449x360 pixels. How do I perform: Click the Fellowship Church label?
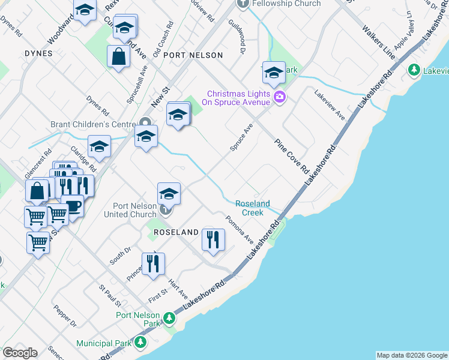tap(286, 4)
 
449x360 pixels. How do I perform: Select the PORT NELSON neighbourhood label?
tap(196, 55)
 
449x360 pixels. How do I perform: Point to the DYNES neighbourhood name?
tap(38, 53)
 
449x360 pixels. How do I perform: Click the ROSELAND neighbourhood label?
tap(176, 232)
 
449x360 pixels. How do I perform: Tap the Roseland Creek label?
tap(252, 208)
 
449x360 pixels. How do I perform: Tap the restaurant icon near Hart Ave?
tap(153, 263)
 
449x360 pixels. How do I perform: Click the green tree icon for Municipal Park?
tap(140, 342)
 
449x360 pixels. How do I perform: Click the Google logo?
tap(20, 353)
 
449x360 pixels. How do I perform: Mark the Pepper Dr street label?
tap(65, 319)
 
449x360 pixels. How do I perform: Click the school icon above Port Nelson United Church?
tap(169, 193)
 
